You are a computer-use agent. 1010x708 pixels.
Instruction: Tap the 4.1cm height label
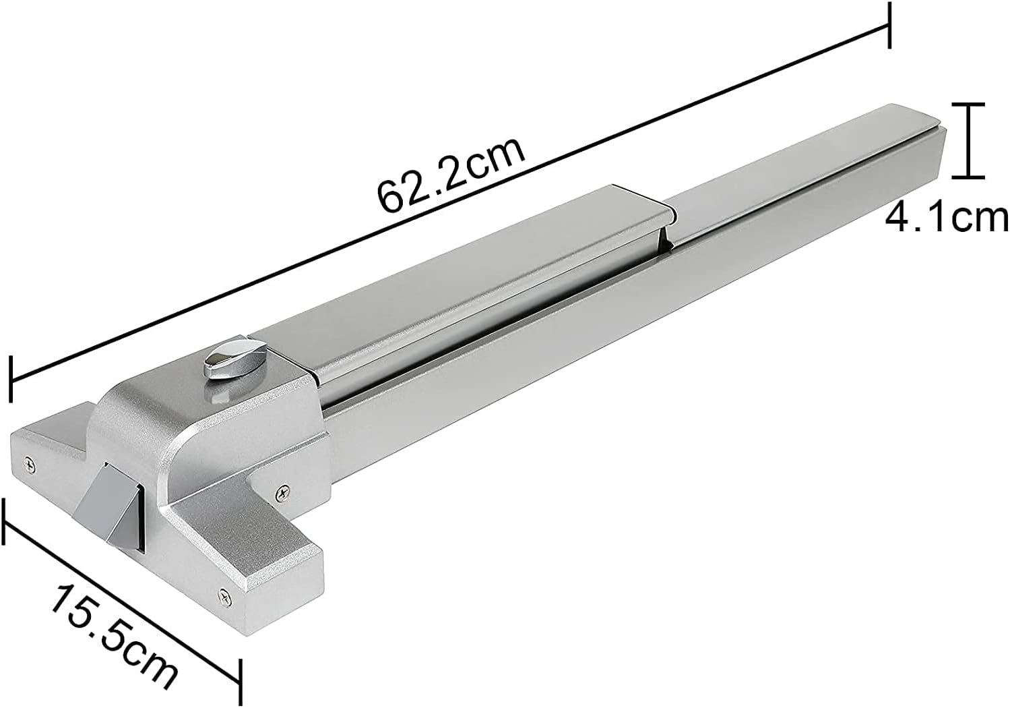coord(946,217)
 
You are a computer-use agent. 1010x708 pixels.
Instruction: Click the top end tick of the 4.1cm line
coord(969,105)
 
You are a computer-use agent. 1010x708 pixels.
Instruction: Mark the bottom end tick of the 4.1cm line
coord(969,177)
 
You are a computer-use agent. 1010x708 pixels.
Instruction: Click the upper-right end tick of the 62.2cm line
coord(890,25)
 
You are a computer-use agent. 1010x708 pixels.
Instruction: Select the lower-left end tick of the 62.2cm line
coord(11,380)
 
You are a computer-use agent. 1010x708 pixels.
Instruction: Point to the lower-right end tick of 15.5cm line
coord(239,681)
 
